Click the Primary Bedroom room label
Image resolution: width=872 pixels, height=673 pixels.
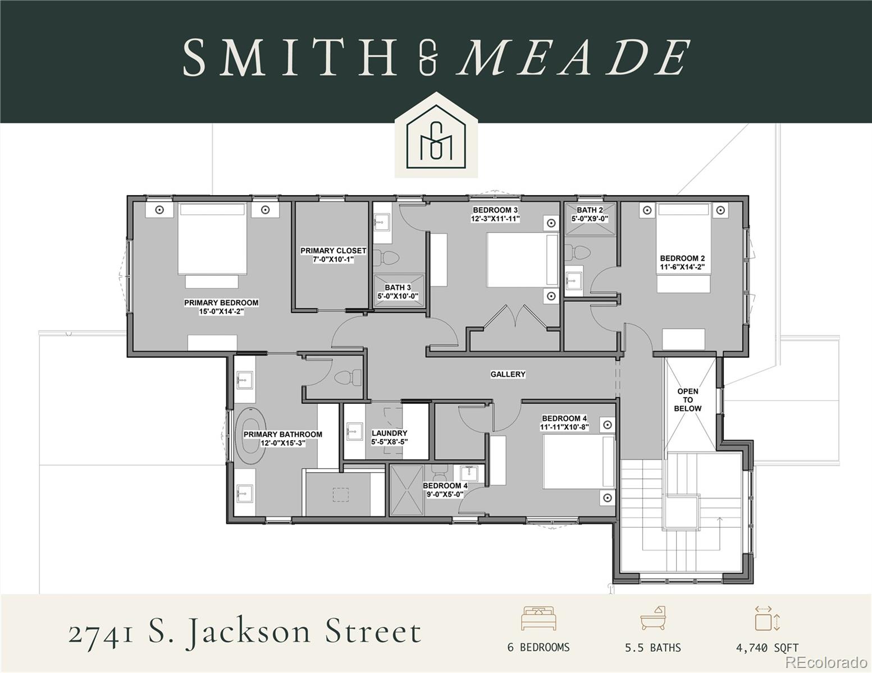221,303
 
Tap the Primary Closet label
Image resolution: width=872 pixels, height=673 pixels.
333,251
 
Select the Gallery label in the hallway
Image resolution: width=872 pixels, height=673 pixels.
508,374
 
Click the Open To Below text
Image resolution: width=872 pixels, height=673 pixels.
688,400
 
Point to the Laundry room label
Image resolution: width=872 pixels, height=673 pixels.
389,434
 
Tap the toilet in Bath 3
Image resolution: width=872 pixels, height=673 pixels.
386,258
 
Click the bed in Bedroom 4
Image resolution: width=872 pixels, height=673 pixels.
579,462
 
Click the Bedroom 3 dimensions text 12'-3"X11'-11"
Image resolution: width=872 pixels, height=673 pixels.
495,219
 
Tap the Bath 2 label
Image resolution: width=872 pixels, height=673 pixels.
590,210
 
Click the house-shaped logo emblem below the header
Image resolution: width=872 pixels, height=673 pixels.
436,137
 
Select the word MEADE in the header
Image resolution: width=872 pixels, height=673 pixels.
573,58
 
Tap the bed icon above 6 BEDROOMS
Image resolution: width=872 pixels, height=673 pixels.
538,619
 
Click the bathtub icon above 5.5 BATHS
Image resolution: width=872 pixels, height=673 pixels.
653,619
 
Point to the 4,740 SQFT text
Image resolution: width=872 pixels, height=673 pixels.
767,648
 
